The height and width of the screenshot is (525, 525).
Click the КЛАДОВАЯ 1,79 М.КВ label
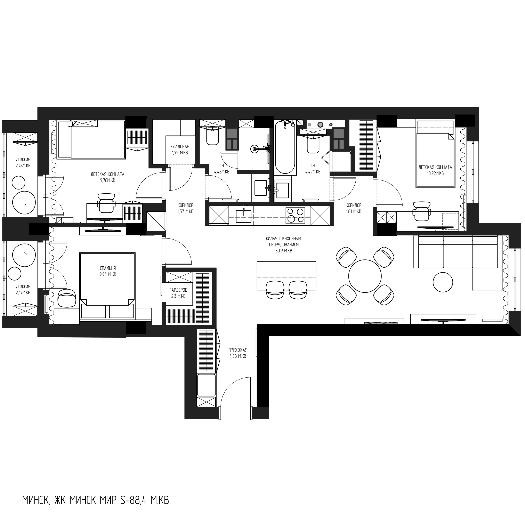pyautogui.click(x=180, y=150)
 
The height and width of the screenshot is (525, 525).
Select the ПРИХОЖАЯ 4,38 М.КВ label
pyautogui.click(x=238, y=353)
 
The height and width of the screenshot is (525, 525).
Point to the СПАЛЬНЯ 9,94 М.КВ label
pyautogui.click(x=108, y=271)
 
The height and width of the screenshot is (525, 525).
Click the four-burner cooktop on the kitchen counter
pyautogui.click(x=295, y=216)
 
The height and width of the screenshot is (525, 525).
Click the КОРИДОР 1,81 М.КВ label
pyautogui.click(x=353, y=208)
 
